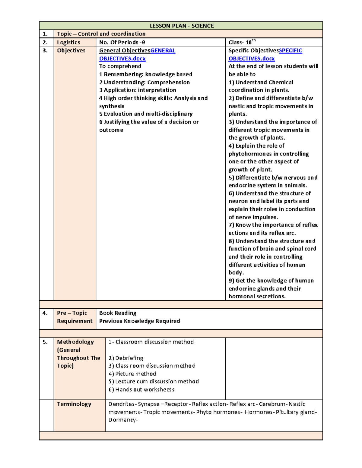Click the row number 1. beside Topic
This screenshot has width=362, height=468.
click(45, 34)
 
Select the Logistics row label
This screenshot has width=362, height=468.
click(68, 42)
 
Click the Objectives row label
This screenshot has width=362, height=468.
click(71, 51)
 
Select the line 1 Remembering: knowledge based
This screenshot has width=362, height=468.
click(146, 74)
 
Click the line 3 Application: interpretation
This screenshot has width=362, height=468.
click(138, 90)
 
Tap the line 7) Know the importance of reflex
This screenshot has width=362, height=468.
click(273, 225)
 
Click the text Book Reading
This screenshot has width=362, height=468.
click(118, 313)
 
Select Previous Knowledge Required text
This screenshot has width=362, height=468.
click(139, 321)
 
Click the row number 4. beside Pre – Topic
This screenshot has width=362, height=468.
click(45, 313)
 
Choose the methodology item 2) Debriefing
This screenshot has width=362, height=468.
click(126, 358)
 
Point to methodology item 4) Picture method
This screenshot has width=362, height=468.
click(132, 374)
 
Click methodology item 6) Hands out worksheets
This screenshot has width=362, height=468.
click(141, 390)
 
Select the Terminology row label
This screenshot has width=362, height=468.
click(74, 404)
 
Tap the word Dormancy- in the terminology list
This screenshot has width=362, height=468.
click(123, 420)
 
